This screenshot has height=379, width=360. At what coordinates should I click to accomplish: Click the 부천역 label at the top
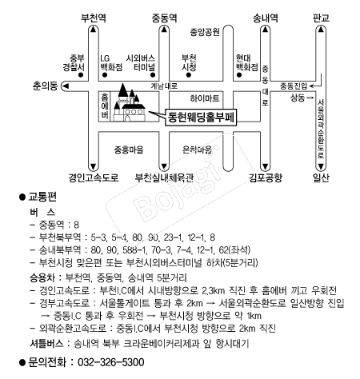click(x=94, y=18)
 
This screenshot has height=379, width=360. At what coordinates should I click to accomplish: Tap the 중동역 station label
click(x=164, y=18)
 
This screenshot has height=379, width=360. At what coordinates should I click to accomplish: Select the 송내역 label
click(x=266, y=18)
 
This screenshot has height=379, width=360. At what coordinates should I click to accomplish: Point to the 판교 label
click(x=321, y=18)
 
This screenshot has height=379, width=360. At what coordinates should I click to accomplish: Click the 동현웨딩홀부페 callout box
click(x=201, y=118)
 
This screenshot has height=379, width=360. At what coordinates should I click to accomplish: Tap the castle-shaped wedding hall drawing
click(x=129, y=103)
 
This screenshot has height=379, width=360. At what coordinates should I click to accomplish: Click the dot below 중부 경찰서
click(x=81, y=75)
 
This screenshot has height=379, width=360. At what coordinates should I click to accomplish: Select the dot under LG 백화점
click(x=105, y=75)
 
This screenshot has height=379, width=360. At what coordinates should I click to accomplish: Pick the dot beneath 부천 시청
click(x=189, y=75)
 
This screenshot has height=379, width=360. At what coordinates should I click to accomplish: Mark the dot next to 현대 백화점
click(x=239, y=75)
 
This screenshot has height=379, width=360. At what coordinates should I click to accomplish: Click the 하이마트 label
click(x=205, y=98)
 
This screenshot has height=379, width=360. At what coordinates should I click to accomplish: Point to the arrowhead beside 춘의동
click(x=66, y=86)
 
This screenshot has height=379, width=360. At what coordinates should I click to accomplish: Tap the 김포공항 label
click(x=266, y=178)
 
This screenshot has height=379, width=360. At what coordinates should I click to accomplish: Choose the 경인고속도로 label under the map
click(x=94, y=178)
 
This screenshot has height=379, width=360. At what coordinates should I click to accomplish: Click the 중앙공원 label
click(x=205, y=32)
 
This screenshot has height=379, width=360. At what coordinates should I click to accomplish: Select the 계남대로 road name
click(x=164, y=86)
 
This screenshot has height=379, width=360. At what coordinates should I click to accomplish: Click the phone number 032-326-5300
click(x=111, y=362)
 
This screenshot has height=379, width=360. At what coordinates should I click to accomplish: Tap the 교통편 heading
click(x=42, y=197)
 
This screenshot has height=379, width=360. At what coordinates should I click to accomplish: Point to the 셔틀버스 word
click(x=46, y=344)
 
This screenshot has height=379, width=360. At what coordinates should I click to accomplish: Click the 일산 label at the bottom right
click(x=321, y=178)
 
